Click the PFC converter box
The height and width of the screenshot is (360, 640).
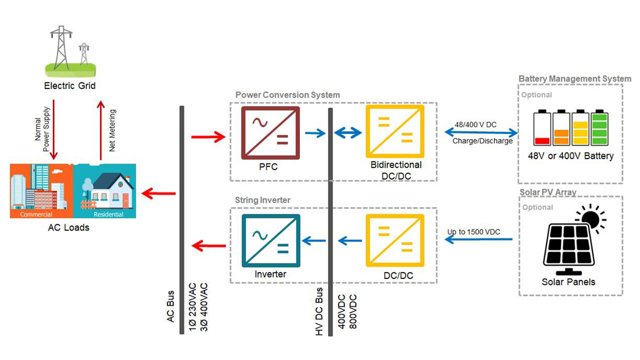(x=270, y=132)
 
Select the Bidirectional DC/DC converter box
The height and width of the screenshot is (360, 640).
(x=395, y=132)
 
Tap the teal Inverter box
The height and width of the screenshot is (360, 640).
(x=270, y=241)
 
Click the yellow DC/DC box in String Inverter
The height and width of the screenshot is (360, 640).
(x=395, y=241)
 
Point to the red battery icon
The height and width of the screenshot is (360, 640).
(x=542, y=128)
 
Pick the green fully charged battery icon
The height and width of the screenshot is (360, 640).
(x=599, y=128)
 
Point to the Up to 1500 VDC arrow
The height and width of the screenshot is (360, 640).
(x=478, y=240)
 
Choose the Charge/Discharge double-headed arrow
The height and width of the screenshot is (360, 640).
(x=481, y=132)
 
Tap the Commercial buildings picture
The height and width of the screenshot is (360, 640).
(x=41, y=190)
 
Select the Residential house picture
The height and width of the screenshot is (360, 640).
(x=104, y=190)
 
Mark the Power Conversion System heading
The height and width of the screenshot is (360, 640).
(x=287, y=95)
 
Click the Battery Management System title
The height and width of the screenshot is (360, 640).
(x=575, y=79)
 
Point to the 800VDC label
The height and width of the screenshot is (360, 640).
(x=353, y=311)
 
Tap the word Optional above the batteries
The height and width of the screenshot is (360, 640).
(x=536, y=95)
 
